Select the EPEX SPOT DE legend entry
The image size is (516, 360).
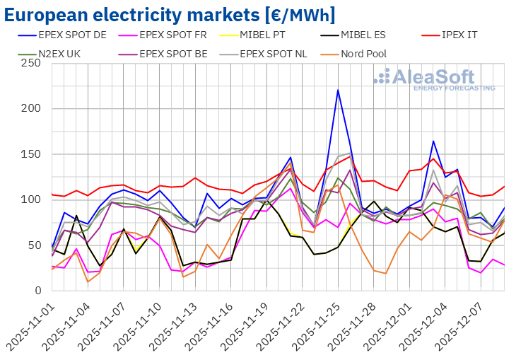point(71,33)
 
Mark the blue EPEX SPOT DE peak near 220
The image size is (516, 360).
point(338,90)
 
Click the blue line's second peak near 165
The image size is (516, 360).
point(433,141)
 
